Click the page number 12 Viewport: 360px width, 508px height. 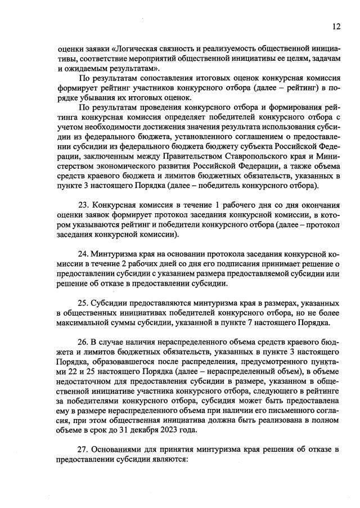coord(336,26)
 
